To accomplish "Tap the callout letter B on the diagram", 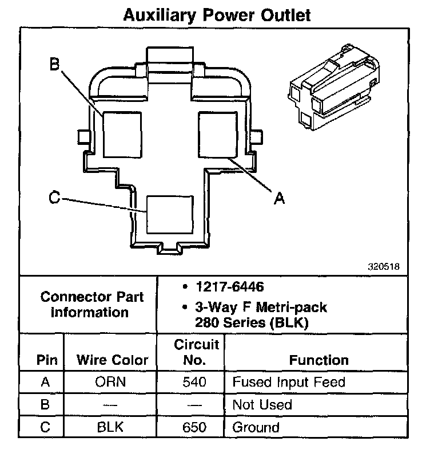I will [x=54, y=64].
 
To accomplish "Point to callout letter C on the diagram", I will [x=54, y=198].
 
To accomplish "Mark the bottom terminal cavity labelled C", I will [x=170, y=214].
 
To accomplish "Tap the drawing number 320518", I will [x=384, y=266].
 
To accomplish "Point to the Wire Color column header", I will [x=112, y=360].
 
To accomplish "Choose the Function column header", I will [x=318, y=360].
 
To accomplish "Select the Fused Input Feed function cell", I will [x=288, y=382].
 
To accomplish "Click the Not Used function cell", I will [x=262, y=405].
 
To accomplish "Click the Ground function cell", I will [x=256, y=427].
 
